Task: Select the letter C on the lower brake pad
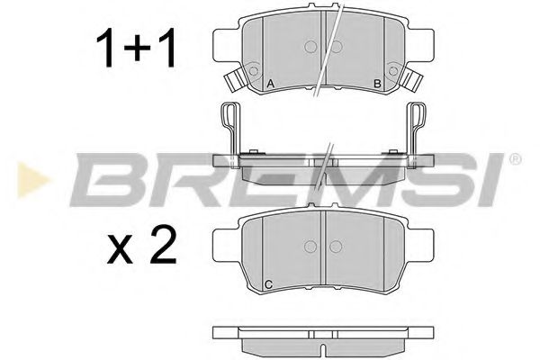pyautogui.click(x=268, y=285)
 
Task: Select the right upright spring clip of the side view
pyautogui.click(x=419, y=126)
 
